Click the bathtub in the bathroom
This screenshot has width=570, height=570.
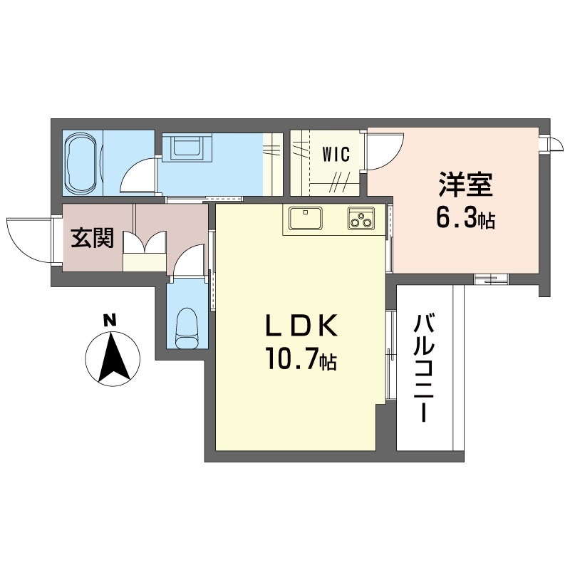point(82,163)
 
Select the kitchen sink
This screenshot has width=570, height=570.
point(306,218)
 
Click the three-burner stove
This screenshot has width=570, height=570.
point(361,218)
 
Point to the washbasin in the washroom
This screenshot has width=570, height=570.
point(187,146)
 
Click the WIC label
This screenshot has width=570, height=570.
point(336,154)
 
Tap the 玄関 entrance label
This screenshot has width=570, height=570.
point(93,238)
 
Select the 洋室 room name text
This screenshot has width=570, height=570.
point(465,184)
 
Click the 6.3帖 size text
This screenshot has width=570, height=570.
point(465,218)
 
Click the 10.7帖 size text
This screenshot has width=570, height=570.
point(301,358)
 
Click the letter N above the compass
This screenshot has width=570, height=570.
point(110,320)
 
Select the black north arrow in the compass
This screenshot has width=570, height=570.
point(113,358)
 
